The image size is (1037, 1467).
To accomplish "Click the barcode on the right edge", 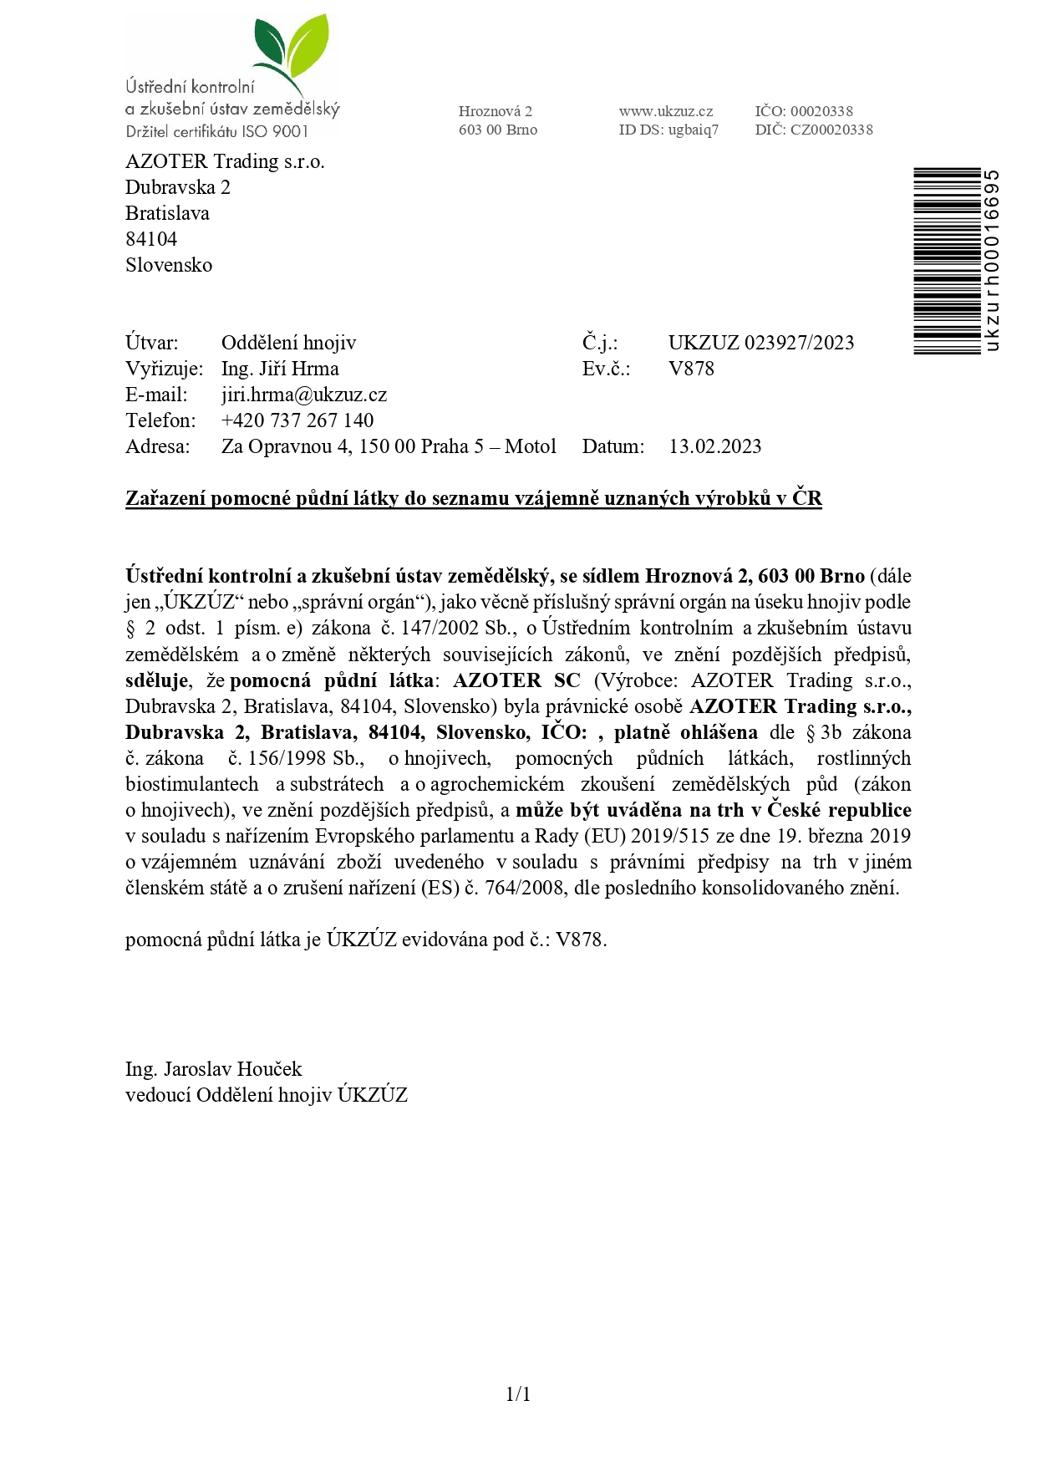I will click(x=947, y=261).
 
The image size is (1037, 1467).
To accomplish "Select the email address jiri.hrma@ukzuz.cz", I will click(x=303, y=395).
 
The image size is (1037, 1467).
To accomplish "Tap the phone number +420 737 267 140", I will click(x=297, y=420).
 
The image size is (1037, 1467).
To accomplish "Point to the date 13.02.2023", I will click(x=714, y=446).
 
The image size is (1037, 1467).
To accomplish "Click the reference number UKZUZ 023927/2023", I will click(x=760, y=343).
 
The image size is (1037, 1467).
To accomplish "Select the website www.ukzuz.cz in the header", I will click(x=665, y=111).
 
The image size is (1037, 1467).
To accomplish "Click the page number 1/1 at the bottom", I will click(x=518, y=1393).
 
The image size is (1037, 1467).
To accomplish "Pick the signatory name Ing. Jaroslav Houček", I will click(x=213, y=1069).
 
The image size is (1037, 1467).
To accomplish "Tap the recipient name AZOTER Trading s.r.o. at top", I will click(x=225, y=161).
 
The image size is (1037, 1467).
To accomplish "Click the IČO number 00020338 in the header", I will click(x=821, y=111).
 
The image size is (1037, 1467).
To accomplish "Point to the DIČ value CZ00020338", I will click(x=831, y=130).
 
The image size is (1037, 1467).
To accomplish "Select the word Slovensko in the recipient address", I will click(x=169, y=265).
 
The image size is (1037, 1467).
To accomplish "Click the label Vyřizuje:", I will click(x=164, y=369).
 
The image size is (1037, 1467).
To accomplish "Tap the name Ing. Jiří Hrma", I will click(x=280, y=369).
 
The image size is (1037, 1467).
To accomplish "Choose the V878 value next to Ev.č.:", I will click(x=691, y=369).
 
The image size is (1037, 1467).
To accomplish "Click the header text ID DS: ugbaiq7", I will click(x=668, y=130).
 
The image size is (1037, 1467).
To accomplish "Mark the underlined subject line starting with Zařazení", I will click(x=473, y=498).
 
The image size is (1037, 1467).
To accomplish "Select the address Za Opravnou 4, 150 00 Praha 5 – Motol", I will click(x=389, y=446).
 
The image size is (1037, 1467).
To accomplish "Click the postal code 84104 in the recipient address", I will click(x=151, y=239).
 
